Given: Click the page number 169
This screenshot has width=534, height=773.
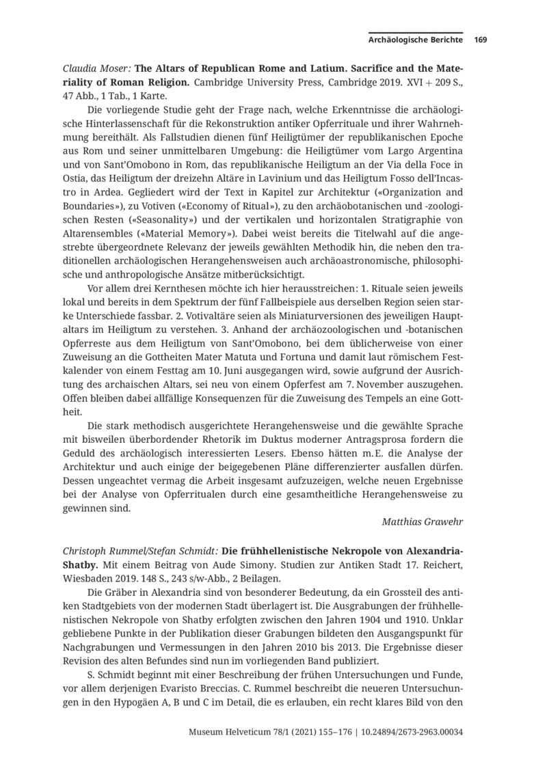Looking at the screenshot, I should [x=480, y=40].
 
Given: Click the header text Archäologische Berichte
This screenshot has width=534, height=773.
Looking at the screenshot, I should [x=416, y=40].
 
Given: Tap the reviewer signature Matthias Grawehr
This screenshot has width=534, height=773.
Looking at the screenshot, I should [x=425, y=522].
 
